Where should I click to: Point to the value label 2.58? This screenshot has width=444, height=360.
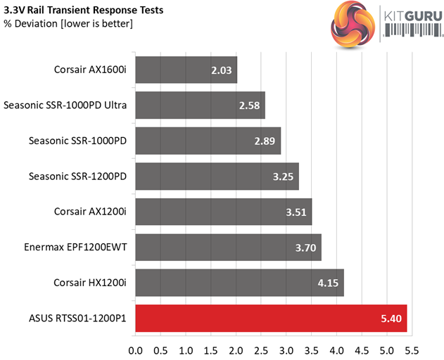(x=250, y=105)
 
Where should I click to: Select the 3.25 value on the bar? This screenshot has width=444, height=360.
(x=284, y=176)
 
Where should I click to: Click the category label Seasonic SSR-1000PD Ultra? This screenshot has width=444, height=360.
(x=65, y=105)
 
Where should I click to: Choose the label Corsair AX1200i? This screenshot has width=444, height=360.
(x=91, y=212)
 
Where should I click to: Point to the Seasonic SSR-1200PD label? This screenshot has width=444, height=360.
(x=77, y=176)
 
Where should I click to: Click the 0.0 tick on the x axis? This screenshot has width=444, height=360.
(x=136, y=349)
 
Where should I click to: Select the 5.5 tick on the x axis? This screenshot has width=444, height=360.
(x=412, y=349)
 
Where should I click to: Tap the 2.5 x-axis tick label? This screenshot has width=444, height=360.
(x=261, y=349)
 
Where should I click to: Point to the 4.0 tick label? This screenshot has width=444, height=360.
(x=336, y=349)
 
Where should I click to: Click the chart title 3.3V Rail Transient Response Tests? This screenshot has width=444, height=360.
(x=84, y=10)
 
